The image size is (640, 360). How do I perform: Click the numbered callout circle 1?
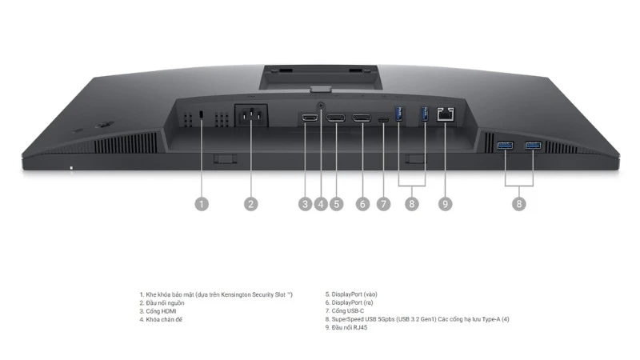[202, 204]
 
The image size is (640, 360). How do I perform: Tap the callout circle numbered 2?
[251, 204]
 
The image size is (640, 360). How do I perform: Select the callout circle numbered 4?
[321, 204]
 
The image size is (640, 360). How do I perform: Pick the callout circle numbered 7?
[383, 204]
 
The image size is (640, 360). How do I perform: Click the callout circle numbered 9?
[446, 204]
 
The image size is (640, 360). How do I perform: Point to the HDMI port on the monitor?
[310, 118]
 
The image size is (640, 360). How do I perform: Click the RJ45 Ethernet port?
[446, 114]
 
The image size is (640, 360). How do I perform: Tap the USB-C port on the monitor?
[383, 119]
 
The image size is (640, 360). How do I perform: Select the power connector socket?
[251, 115]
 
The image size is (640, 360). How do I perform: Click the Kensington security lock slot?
[202, 115]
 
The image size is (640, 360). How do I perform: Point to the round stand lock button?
[321, 106]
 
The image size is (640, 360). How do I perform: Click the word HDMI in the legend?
[169, 311]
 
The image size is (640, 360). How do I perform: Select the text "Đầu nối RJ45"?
[350, 327]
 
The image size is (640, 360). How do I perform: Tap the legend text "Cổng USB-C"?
[348, 310]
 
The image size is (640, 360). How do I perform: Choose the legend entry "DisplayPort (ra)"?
[352, 302]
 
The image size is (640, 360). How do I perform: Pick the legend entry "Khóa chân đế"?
[164, 319]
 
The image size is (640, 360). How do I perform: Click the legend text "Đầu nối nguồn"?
[165, 303]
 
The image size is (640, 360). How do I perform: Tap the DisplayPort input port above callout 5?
[335, 118]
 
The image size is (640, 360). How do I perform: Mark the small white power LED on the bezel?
[71, 168]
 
